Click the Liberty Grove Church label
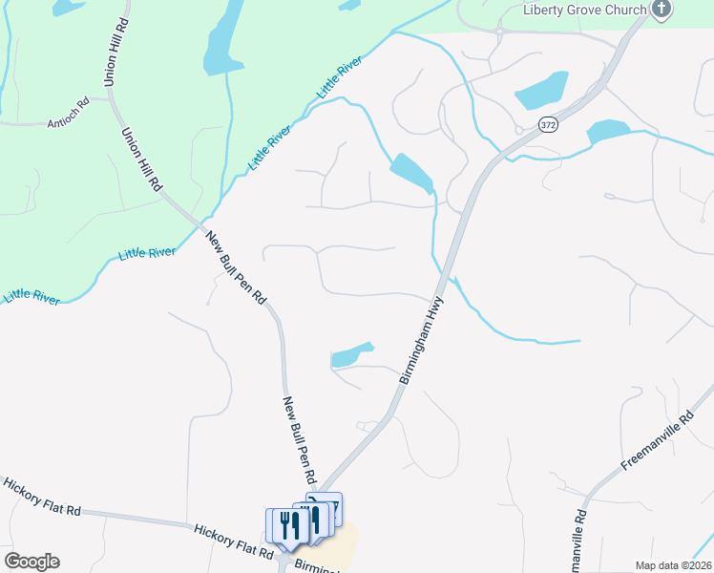[585, 11]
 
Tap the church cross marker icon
[661, 10]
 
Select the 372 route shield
[547, 124]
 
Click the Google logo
[31, 561]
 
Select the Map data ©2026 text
[673, 565]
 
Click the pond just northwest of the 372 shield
[542, 90]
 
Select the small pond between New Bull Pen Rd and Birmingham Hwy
[350, 354]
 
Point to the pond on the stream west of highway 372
[410, 173]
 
